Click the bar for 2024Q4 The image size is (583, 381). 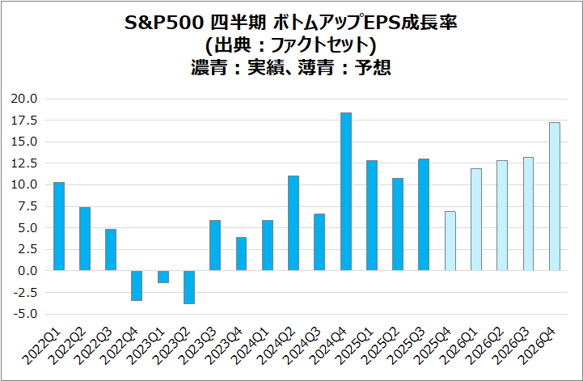[345, 192]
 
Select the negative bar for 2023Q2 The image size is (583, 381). [189, 287]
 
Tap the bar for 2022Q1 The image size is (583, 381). [59, 226]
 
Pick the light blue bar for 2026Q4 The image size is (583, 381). [554, 197]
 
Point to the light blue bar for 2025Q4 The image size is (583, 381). [450, 241]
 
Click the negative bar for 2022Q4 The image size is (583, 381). [137, 286]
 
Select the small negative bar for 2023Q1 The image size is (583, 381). [163, 277]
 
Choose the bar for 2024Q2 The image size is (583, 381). [294, 223]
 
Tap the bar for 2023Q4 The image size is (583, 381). [241, 254]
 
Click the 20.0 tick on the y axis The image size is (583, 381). [24, 99]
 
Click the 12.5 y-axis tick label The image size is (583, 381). [24, 163]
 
